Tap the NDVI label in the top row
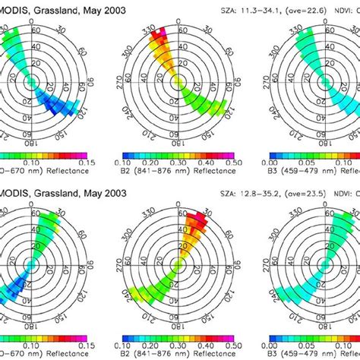click(x=346, y=7)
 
